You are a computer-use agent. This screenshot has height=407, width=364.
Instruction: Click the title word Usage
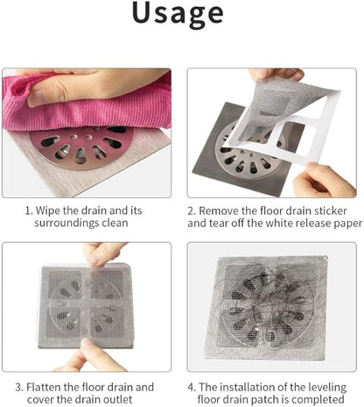click(181, 16)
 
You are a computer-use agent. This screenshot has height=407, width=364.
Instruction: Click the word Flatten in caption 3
click(59, 385)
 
